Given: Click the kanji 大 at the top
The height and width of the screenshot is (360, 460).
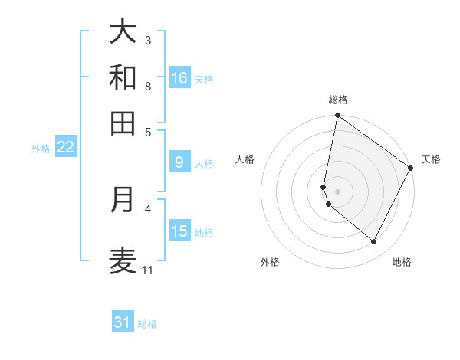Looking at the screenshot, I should point(123,31).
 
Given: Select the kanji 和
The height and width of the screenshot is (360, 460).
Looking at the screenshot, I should point(123,77).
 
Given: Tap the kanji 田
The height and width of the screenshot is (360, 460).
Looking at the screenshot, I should point(123,123).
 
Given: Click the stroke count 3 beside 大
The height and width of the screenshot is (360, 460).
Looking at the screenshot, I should point(148,40).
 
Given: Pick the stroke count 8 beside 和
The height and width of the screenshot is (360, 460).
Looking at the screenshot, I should point(148,86).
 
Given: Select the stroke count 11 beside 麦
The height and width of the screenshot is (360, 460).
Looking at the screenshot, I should point(148,270).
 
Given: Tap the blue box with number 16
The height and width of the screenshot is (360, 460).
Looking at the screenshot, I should point(179,78).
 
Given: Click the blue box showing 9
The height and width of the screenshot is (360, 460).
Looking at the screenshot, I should point(179,162).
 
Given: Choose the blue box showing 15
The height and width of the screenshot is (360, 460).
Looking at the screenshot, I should point(179,231).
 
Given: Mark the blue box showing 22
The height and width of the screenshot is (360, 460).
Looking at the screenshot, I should point(65,147).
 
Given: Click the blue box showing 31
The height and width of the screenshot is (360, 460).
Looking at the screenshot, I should point(123,322).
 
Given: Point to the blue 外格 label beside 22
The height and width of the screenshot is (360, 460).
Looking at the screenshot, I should point(41,149).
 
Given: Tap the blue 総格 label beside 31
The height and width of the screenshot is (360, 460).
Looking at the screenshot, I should point(147,324).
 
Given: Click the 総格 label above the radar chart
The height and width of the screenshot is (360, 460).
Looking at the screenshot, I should point(338,100).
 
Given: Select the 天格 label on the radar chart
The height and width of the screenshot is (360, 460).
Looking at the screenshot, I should point(431,159).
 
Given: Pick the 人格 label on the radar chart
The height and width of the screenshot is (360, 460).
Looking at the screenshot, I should point(245,159).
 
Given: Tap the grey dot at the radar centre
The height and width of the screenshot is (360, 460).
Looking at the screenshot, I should point(338,191).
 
